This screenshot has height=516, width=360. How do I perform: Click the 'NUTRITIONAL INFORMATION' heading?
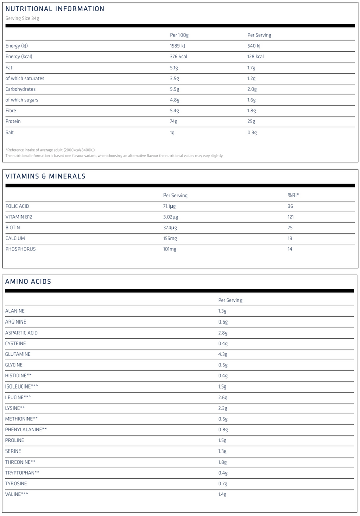point(55,9)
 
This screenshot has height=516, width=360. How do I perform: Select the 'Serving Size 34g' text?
point(22,18)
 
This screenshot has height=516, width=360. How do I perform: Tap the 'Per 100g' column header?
point(179,35)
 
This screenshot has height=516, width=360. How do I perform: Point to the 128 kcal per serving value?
point(255,57)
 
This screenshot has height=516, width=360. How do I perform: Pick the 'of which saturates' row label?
point(25,78)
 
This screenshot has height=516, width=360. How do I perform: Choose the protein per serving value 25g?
point(251,121)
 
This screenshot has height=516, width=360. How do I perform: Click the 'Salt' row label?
point(10,132)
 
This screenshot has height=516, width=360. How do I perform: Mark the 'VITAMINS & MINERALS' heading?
point(45,176)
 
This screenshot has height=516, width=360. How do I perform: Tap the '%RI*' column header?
point(294,196)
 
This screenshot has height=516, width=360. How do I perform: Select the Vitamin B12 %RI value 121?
point(291,217)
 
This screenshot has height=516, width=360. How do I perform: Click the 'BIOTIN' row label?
point(13,228)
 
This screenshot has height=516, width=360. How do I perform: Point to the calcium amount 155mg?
point(170,238)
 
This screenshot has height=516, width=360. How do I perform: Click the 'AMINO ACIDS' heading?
point(28,282)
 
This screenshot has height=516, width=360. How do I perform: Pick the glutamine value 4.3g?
point(223,354)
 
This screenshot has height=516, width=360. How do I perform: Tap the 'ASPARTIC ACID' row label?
point(21,333)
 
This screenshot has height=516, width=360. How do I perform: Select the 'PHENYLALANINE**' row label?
point(26,429)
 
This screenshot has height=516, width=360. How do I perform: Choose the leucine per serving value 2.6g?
point(223,397)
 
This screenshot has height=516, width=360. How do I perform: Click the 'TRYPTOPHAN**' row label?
point(22,472)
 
